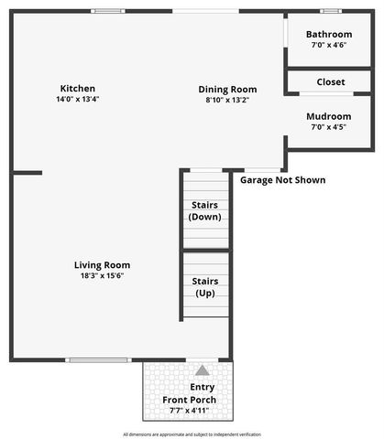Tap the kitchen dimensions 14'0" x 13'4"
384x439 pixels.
tap(77, 100)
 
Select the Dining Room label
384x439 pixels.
tap(227, 90)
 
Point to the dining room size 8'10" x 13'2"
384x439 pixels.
tap(227, 101)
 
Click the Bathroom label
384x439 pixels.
tap(331, 33)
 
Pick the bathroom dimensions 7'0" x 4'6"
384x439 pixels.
tap(331, 44)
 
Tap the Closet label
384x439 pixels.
tap(331, 82)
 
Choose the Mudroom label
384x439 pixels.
tap(330, 117)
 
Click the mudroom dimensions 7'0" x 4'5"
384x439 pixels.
tap(330, 128)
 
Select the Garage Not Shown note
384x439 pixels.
tap(282, 180)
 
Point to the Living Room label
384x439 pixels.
tap(102, 265)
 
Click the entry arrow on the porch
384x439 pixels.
tap(202, 370)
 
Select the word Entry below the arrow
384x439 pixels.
tap(202, 387)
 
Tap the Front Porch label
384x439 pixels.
tap(190, 400)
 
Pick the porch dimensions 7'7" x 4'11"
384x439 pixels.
tap(190, 411)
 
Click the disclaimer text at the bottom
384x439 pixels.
tap(192, 434)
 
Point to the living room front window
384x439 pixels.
tap(97, 359)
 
